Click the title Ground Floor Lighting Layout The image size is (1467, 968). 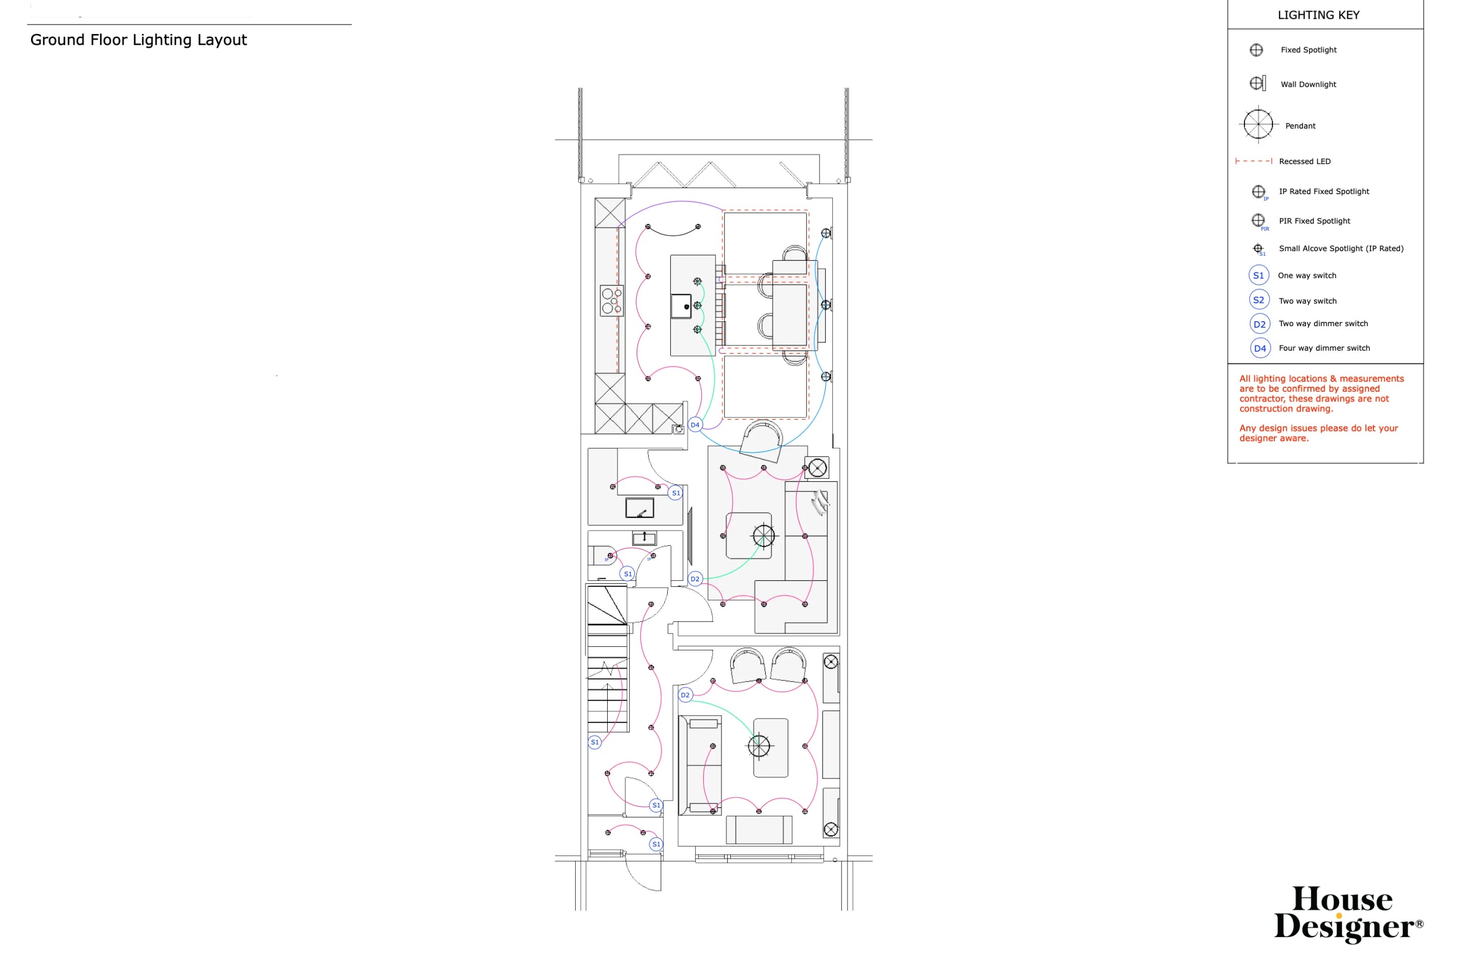point(138,40)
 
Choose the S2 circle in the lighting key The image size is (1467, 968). point(1258,300)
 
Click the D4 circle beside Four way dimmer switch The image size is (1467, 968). point(1259,348)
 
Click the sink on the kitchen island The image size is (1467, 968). point(681,305)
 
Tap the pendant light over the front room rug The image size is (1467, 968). point(759,746)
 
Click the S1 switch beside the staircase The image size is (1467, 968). point(595,742)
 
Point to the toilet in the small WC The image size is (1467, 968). point(602,555)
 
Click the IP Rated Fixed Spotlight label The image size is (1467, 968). point(1323,192)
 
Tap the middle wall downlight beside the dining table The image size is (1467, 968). point(826,304)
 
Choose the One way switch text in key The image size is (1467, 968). point(1306,275)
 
